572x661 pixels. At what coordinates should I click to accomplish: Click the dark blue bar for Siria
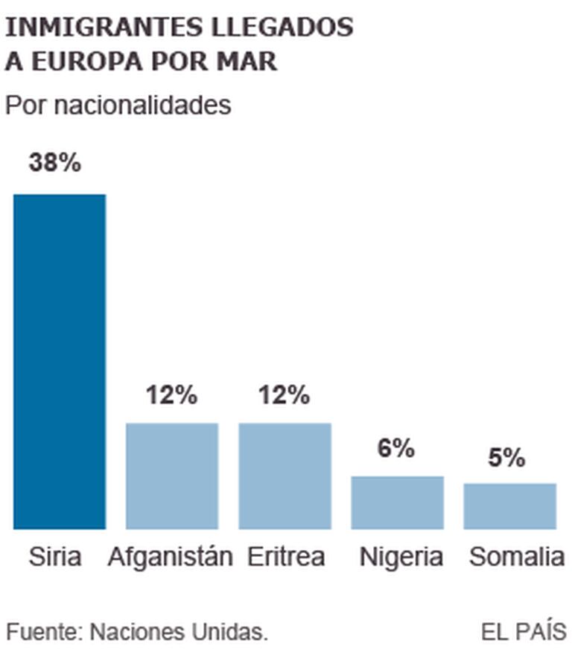coord(60,361)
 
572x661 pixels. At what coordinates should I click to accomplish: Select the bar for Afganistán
coord(172,476)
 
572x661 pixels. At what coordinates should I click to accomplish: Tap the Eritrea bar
coord(285,476)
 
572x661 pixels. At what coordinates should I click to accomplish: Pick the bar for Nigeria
coord(397,502)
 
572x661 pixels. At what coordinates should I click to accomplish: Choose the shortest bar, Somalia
coord(509,506)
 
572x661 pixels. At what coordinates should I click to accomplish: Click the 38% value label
coord(54,163)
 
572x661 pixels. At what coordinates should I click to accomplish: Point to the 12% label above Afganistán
coord(171,395)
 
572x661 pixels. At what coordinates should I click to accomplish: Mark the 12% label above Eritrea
coord(284,395)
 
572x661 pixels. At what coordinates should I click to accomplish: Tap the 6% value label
coord(395,448)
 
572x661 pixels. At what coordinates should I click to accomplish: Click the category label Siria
coord(55,557)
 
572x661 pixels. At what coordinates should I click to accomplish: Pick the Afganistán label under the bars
coord(171,557)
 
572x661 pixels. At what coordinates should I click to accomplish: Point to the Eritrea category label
coord(286,557)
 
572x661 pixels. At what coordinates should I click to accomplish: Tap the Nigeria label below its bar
coord(401,557)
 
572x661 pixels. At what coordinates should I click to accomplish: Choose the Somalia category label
coord(517,557)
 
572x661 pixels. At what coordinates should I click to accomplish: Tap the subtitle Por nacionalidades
coord(118,105)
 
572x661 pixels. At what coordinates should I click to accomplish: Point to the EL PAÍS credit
coord(524,632)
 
